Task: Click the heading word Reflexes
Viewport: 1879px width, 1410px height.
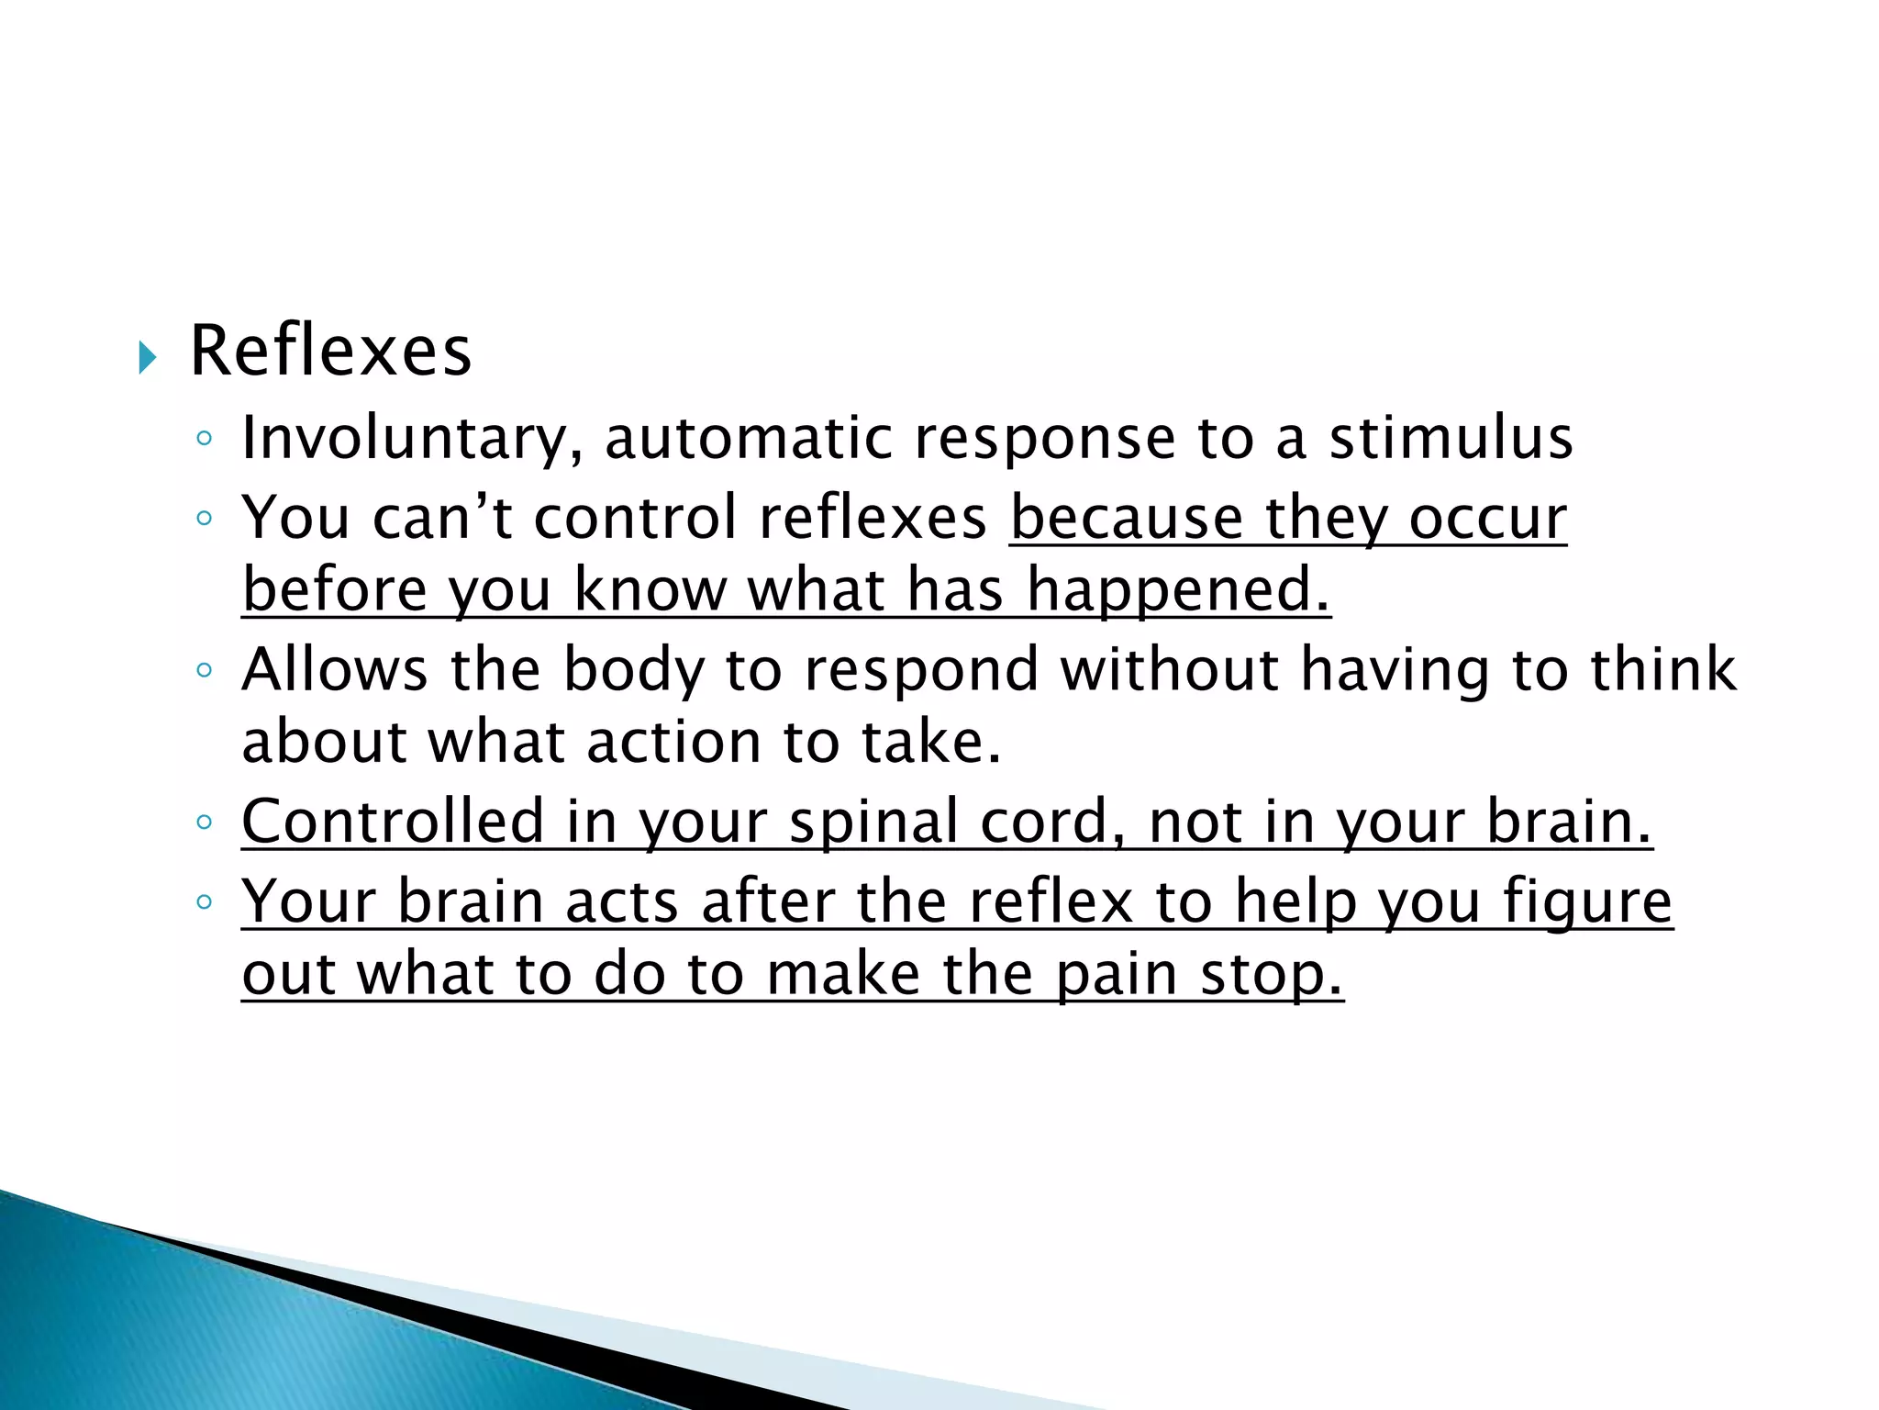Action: (330, 352)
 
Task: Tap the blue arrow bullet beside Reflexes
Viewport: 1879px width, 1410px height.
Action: (147, 356)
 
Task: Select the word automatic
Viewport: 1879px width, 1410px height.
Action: (748, 439)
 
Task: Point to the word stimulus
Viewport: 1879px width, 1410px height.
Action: (1451, 439)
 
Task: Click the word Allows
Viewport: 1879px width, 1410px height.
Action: (334, 669)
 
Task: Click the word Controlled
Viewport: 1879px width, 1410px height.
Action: (393, 822)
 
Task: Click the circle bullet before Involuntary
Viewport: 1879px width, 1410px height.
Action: (205, 439)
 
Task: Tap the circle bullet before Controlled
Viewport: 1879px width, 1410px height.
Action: (205, 822)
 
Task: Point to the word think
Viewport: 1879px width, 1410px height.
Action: (1663, 669)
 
